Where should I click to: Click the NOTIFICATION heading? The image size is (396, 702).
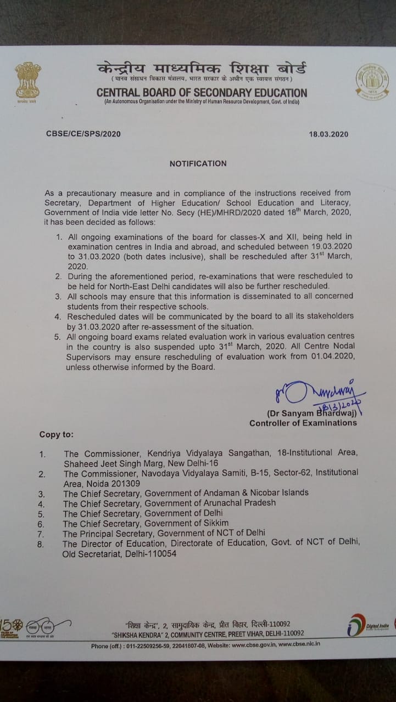[198, 163]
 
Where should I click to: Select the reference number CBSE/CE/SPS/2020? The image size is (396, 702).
[83, 134]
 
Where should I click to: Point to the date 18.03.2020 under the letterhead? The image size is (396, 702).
[328, 134]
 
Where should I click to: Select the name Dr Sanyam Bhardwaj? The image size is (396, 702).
[311, 413]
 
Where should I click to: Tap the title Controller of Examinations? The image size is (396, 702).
[295, 423]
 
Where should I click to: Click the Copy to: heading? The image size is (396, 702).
[56, 435]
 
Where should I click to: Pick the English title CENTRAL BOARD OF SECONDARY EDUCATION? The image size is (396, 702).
[202, 93]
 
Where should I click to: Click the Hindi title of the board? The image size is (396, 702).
[202, 70]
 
